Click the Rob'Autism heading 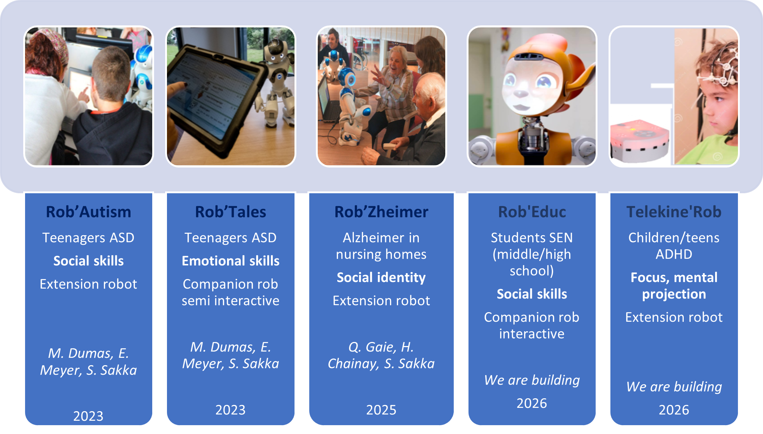[88, 212]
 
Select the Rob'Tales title [230, 212]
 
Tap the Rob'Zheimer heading [381, 212]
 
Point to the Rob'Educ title [532, 212]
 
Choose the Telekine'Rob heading [674, 212]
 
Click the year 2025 [381, 410]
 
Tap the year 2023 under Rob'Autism [88, 416]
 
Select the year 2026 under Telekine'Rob [674, 410]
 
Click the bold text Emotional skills [230, 261]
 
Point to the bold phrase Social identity [381, 278]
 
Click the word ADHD [674, 254]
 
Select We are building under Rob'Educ [532, 380]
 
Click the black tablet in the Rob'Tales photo [217, 99]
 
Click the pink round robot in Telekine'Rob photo [640, 142]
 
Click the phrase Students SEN [532, 238]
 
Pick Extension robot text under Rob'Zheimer [381, 301]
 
